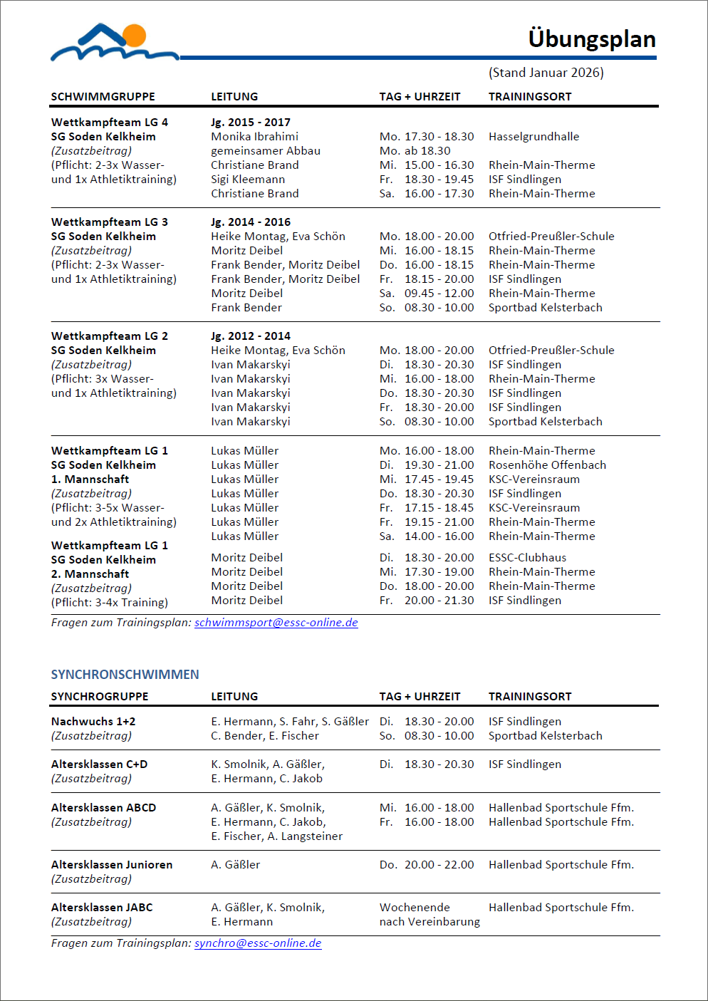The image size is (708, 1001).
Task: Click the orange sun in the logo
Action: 134,35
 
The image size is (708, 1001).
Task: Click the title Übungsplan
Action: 591,39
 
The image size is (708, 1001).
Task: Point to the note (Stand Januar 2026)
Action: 546,73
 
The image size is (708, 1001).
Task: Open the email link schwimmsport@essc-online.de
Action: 276,623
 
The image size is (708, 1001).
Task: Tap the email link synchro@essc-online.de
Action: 258,943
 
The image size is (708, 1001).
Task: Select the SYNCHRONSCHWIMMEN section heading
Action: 125,675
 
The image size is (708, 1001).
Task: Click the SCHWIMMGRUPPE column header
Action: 103,97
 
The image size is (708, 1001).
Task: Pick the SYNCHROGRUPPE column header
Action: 100,697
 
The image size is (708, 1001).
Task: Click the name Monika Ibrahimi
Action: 254,137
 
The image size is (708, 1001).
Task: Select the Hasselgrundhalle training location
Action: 533,137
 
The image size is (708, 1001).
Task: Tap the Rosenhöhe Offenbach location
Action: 547,465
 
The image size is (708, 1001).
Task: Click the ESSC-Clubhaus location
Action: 527,558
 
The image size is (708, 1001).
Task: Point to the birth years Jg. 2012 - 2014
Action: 251,336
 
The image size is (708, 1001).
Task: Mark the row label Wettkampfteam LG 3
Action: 109,222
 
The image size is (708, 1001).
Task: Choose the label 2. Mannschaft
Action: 90,574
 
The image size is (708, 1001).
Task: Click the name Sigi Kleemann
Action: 248,180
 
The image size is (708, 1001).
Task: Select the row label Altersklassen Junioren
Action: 112,865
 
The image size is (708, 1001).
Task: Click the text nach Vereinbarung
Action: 430,922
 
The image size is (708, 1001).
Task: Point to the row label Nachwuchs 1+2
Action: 93,722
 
